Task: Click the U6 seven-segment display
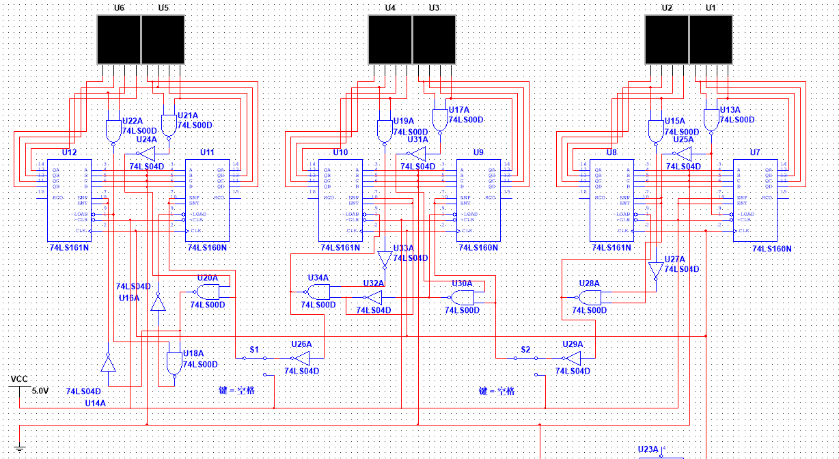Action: coord(118,40)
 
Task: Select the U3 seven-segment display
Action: coord(435,40)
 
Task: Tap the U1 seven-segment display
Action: coord(711,40)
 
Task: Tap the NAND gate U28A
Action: coord(589,298)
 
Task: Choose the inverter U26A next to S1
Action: coord(300,358)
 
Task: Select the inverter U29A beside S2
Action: coord(572,358)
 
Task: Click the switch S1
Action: coord(254,357)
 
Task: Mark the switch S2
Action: coord(525,357)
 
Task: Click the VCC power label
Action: coord(19,378)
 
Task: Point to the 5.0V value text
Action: coord(40,391)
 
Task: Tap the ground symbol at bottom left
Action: coord(19,447)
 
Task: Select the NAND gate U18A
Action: coord(174,363)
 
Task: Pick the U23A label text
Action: coord(647,449)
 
